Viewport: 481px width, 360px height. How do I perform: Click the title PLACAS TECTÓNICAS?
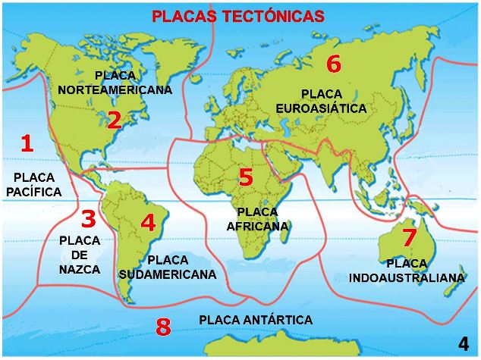(238, 16)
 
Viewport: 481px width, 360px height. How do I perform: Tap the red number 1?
(27, 143)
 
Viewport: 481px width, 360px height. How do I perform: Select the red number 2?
(114, 120)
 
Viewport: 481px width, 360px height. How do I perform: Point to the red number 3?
(89, 219)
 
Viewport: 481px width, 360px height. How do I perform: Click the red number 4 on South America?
(148, 223)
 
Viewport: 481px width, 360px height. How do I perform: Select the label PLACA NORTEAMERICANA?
(115, 82)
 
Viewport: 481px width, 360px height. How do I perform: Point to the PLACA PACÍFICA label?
(33, 184)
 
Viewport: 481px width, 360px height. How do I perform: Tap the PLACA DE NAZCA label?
(80, 255)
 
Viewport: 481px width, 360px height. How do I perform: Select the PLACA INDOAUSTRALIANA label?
(407, 271)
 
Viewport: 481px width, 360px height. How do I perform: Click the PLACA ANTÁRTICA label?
(256, 320)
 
